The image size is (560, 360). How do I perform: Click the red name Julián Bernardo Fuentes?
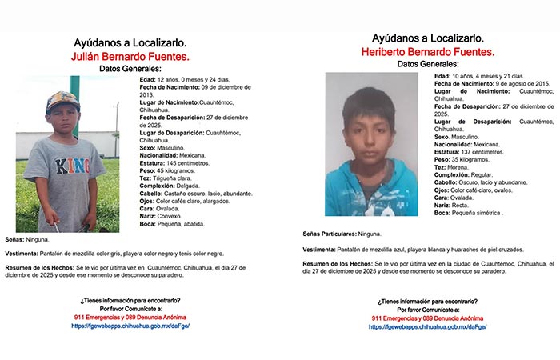tap(131, 57)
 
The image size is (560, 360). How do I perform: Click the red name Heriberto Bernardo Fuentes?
tap(428, 52)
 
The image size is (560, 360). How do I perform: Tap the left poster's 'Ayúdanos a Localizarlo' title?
tap(131, 41)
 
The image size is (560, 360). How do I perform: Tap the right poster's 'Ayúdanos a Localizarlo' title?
tap(428, 38)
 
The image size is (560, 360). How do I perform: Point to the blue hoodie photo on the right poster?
tap(371, 144)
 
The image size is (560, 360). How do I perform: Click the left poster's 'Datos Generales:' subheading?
tap(131, 70)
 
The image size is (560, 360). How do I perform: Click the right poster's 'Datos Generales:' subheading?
tap(428, 64)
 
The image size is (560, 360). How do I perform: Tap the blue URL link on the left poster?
tap(130, 326)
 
